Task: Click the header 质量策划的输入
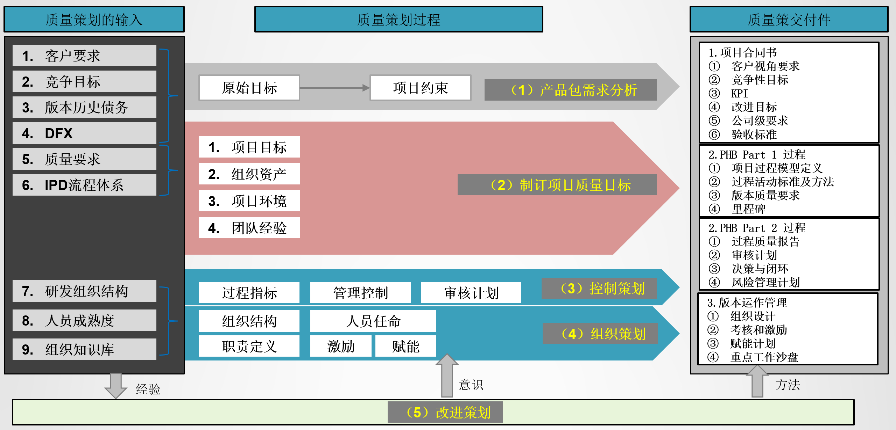click(94, 20)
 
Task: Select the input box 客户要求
click(84, 56)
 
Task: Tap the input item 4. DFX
click(84, 133)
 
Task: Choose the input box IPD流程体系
click(84, 185)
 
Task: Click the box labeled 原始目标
click(249, 88)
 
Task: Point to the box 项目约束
click(420, 88)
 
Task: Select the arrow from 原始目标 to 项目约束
click(334, 88)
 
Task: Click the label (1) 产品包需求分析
click(570, 90)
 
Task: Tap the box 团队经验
click(249, 228)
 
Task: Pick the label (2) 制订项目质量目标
click(557, 185)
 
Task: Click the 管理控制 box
click(360, 293)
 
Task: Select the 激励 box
click(341, 346)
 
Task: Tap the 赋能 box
click(405, 346)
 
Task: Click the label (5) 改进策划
click(445, 412)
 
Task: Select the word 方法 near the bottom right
click(788, 385)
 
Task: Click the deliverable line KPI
click(739, 94)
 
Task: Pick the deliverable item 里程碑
click(748, 209)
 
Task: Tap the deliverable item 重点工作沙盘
click(764, 357)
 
